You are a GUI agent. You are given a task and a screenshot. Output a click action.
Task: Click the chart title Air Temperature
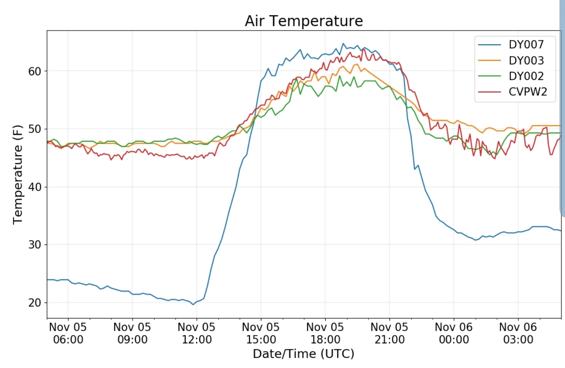(304, 21)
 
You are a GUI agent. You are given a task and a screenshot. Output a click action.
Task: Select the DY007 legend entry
(526, 45)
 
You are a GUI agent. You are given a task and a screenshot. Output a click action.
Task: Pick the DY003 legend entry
(526, 60)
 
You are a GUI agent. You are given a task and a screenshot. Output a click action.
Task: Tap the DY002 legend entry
(526, 76)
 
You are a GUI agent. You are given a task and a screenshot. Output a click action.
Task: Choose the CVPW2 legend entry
(528, 92)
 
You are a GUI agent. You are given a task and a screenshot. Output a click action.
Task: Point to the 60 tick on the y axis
(35, 71)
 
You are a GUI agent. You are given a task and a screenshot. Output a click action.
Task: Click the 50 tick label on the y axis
(35, 129)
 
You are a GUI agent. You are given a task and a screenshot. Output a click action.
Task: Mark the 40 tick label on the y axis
(35, 187)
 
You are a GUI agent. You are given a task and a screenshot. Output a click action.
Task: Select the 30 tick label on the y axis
(35, 245)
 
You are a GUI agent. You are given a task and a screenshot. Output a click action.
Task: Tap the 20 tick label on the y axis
(35, 303)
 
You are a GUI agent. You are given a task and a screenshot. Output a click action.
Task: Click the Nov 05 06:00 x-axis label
(68, 333)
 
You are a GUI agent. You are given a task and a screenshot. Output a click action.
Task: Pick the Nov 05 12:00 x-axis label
(197, 333)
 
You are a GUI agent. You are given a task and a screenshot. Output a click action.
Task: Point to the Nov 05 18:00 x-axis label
(325, 333)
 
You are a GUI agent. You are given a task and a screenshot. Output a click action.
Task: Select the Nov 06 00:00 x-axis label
(454, 333)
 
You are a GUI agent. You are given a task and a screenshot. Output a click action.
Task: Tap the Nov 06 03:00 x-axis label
(518, 333)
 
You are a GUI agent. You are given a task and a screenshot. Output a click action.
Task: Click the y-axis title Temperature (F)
(18, 175)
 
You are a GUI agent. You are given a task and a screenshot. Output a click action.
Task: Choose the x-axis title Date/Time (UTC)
(303, 354)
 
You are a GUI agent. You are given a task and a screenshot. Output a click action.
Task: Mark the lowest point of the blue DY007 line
(193, 304)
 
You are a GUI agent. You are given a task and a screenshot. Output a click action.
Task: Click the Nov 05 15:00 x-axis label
(261, 333)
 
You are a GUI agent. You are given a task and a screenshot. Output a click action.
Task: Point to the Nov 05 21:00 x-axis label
(389, 333)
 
